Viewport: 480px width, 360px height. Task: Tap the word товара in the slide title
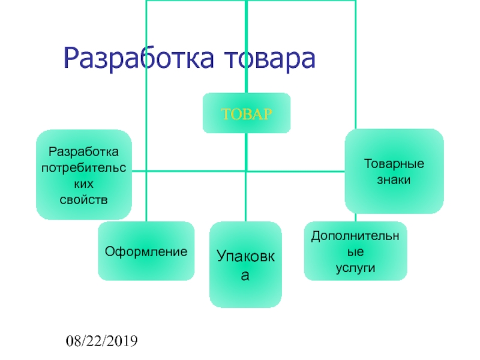click(x=269, y=59)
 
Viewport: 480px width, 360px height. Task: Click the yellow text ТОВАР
click(x=247, y=113)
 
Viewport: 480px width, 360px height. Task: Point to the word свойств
click(x=83, y=199)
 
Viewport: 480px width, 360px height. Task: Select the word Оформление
click(x=146, y=251)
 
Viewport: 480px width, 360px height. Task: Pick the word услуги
click(x=355, y=268)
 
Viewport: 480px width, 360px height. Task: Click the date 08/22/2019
click(x=102, y=342)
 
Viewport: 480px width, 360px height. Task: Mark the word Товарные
click(x=394, y=164)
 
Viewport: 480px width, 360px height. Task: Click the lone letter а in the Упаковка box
click(x=246, y=276)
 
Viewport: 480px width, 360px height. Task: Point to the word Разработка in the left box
click(x=83, y=152)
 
